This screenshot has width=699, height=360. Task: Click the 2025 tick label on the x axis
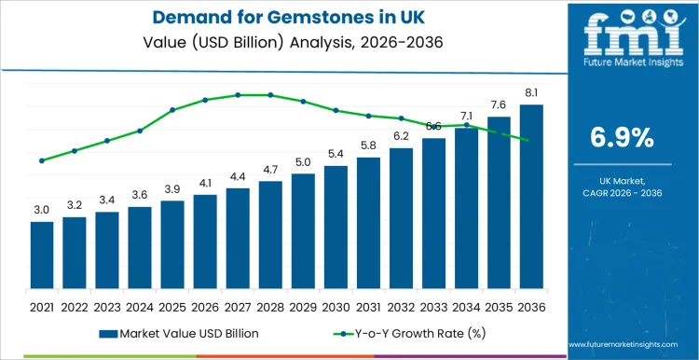172,306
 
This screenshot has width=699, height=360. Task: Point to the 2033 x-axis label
433,306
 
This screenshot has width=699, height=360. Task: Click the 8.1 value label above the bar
531,92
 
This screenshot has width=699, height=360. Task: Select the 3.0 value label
42,210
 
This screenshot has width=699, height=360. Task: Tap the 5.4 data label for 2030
336,154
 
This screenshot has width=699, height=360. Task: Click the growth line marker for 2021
42,160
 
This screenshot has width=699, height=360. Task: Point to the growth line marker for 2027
238,95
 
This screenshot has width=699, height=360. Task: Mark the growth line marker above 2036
531,141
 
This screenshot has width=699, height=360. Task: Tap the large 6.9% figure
622,138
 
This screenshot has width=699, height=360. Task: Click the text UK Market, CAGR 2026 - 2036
622,187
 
